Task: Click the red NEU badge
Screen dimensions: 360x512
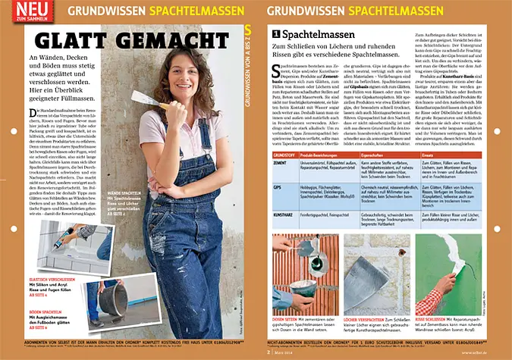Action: click(24, 11)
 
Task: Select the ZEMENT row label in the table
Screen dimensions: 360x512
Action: click(281, 163)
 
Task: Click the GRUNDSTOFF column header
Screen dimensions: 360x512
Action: click(284, 155)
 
